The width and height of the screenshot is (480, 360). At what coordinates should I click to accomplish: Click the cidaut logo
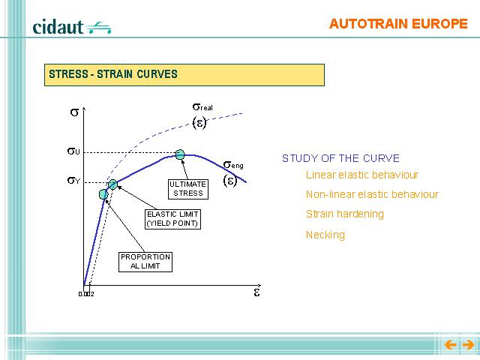(72, 27)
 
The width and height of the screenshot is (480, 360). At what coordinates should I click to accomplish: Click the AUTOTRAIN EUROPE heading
(398, 24)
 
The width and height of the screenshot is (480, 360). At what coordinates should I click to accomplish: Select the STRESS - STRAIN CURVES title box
(184, 75)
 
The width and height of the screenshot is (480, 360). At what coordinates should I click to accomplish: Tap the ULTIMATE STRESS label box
(188, 189)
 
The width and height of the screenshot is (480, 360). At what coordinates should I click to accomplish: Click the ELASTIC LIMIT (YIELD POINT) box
(172, 219)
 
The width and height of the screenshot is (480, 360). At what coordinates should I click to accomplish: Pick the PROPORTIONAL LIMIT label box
(145, 262)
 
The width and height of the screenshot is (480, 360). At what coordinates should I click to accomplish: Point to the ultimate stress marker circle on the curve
(180, 154)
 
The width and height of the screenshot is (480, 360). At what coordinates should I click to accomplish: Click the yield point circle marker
(112, 184)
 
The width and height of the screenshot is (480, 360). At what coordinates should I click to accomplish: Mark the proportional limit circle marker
(103, 194)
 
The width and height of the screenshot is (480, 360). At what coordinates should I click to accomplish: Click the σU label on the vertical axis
(73, 151)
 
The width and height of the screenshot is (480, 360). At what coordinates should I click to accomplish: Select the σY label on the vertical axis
(73, 181)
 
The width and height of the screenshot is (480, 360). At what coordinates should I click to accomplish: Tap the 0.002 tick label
(86, 294)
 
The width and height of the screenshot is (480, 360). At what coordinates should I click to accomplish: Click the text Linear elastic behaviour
(362, 175)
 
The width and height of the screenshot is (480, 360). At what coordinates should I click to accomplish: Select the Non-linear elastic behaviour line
(372, 194)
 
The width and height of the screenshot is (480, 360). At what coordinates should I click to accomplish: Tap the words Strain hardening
(345, 214)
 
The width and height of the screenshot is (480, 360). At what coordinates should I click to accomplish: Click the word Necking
(325, 235)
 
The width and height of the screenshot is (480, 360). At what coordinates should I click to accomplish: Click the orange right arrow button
(468, 345)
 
